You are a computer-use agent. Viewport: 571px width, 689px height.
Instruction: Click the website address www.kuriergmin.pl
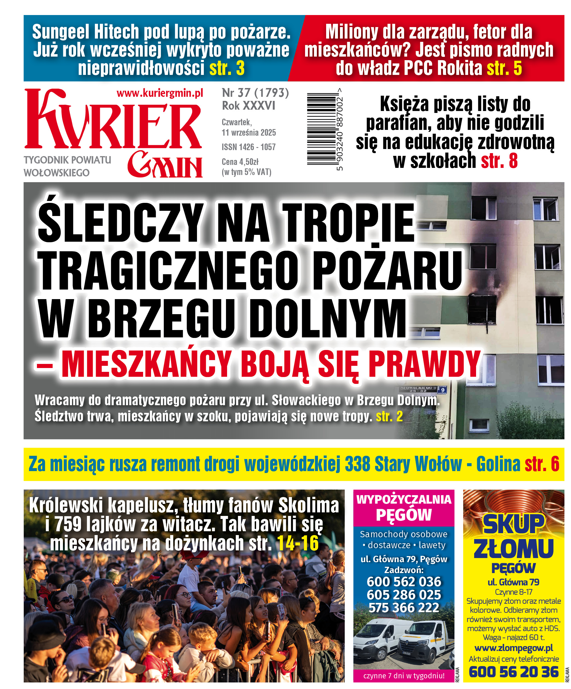click(160, 93)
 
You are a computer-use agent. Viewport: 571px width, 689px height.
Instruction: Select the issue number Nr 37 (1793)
click(255, 93)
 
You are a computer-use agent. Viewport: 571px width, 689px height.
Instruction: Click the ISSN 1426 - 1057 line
click(248, 147)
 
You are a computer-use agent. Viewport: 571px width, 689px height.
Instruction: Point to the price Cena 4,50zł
click(240, 162)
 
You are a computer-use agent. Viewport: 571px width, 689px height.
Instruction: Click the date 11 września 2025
click(248, 133)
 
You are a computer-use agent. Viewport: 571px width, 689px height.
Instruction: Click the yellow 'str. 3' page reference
click(227, 68)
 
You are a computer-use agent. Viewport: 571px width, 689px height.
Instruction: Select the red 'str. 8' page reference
click(499, 161)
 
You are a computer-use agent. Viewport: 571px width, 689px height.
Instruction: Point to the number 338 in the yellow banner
click(357, 464)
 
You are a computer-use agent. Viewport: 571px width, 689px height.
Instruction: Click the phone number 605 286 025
click(404, 594)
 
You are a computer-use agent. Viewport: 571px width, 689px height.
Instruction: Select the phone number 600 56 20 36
click(514, 672)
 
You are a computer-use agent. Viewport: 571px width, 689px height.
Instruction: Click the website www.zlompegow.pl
click(514, 648)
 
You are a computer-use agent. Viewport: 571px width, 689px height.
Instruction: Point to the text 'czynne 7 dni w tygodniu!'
click(404, 676)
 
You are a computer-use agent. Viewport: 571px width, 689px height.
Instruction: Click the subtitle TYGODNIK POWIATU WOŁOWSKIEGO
click(67, 166)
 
